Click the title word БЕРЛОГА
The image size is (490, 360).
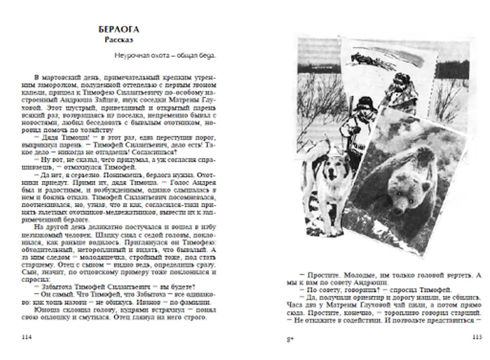(x=119, y=30)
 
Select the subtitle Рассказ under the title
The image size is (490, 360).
(x=119, y=40)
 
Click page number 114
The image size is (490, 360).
(x=26, y=337)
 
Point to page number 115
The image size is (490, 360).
(x=477, y=337)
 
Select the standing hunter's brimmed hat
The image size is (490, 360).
(x=365, y=103)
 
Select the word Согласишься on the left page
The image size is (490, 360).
(x=156, y=152)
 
